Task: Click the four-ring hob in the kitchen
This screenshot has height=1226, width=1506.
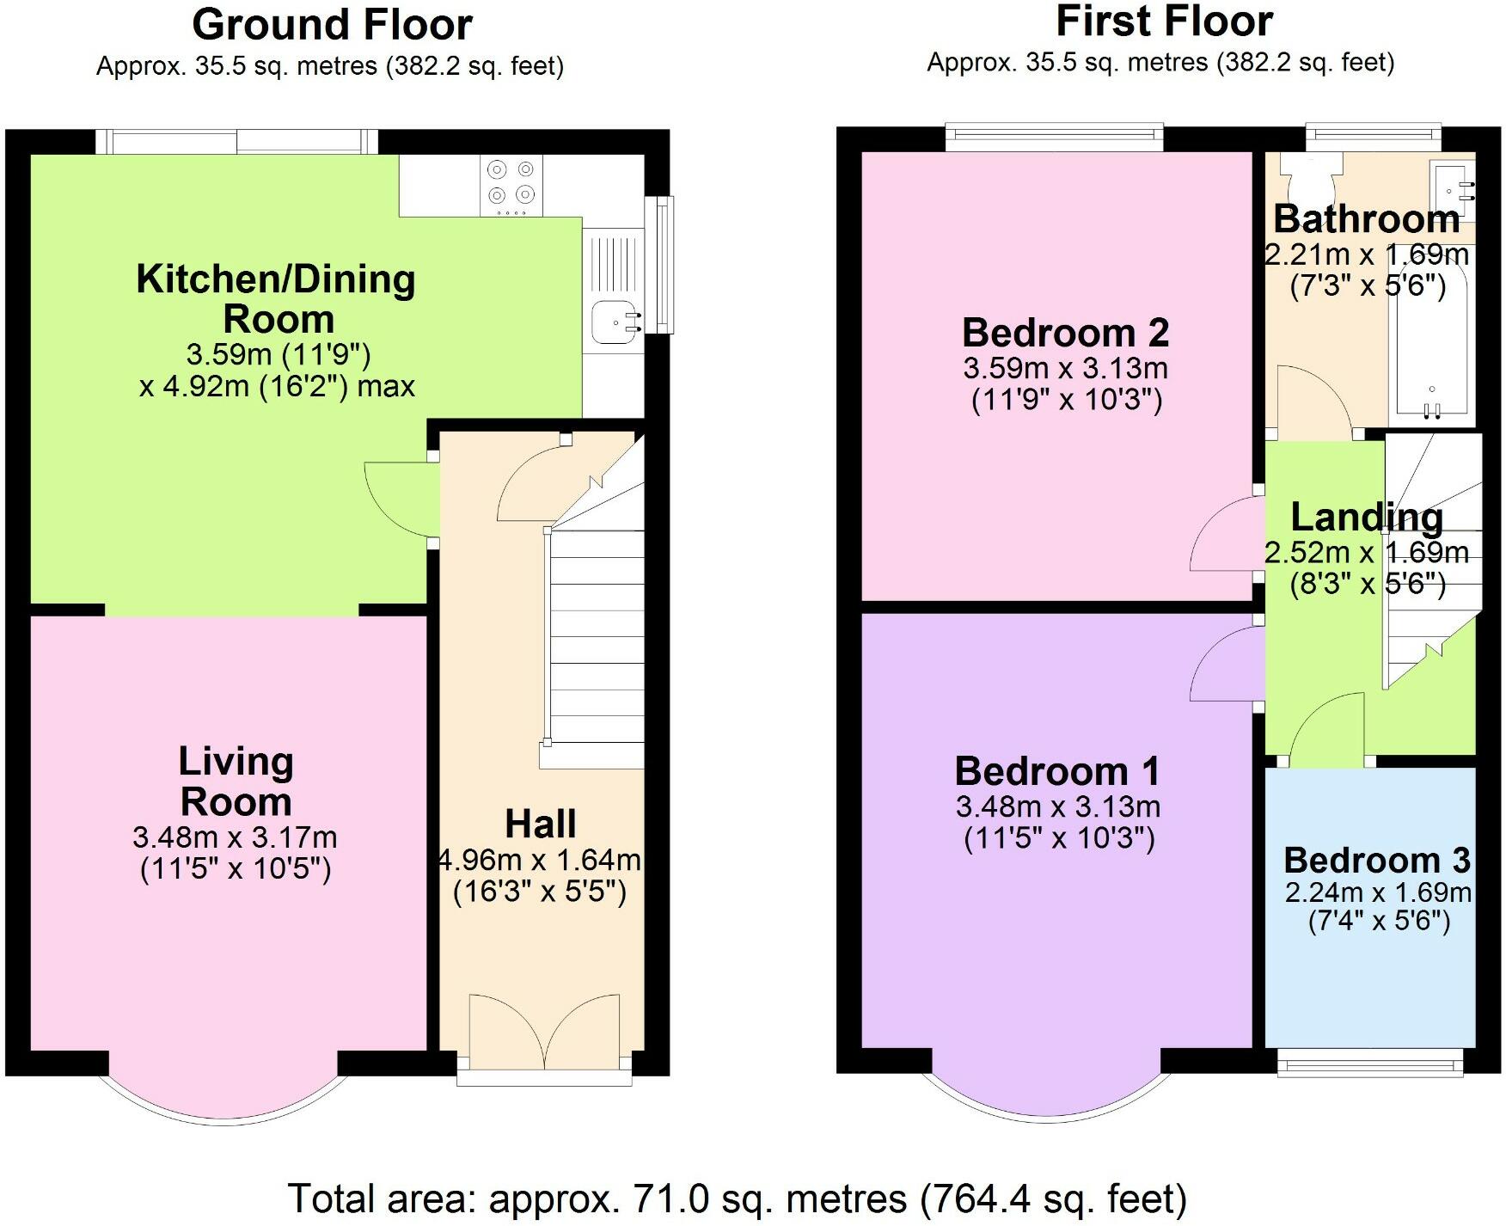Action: (512, 186)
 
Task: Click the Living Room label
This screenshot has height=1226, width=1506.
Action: (236, 782)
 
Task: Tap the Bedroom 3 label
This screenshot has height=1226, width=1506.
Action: (1377, 860)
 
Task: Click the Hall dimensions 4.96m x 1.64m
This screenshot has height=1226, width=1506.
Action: (540, 860)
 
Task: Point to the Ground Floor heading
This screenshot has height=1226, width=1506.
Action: (332, 24)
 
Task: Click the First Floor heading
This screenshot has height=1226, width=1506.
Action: (1164, 21)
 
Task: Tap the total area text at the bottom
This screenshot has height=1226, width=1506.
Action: (738, 1198)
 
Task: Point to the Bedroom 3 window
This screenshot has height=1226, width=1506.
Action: (1369, 1063)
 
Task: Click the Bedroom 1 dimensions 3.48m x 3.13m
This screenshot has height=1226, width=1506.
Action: (1058, 806)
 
